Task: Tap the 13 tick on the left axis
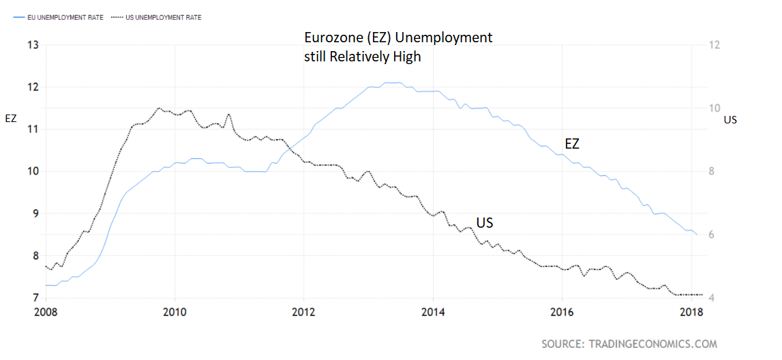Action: (x=32, y=45)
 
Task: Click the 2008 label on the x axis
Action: (x=46, y=313)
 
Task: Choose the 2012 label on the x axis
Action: (x=303, y=313)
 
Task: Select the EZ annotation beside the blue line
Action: (x=571, y=144)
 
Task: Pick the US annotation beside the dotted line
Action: (x=485, y=223)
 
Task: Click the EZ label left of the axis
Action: (x=11, y=119)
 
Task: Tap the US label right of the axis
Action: (x=730, y=120)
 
